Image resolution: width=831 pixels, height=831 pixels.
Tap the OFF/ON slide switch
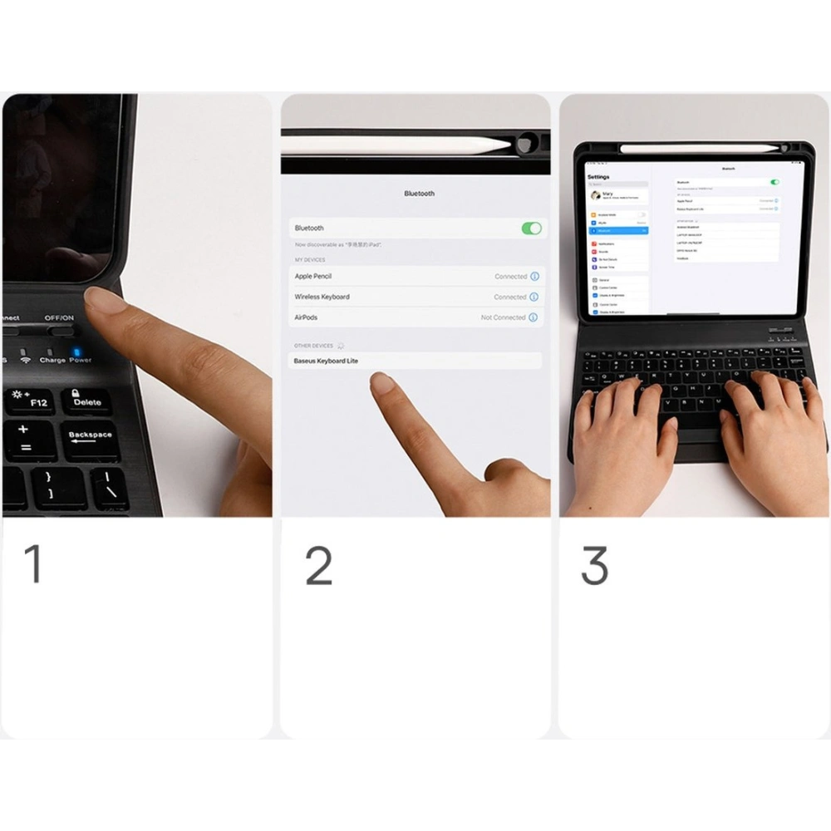(x=60, y=331)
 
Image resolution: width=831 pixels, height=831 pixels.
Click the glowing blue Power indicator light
(x=77, y=351)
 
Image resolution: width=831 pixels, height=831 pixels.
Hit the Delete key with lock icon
(x=87, y=401)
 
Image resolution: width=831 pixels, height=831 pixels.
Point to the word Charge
(x=52, y=361)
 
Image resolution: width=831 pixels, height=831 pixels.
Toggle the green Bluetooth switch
(x=531, y=228)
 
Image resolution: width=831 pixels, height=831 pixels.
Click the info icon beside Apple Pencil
(x=534, y=276)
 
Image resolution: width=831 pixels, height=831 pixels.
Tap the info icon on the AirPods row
(x=534, y=317)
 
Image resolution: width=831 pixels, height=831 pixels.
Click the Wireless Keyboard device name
(x=322, y=297)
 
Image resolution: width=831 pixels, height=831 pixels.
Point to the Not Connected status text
(x=503, y=317)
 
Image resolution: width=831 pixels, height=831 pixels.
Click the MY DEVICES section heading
(x=310, y=260)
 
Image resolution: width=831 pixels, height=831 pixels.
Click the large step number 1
(x=33, y=564)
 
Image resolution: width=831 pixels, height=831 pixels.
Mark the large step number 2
(x=319, y=565)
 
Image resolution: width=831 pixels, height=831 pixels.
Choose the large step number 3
(x=595, y=565)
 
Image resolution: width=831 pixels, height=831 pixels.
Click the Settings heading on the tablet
(x=598, y=177)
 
